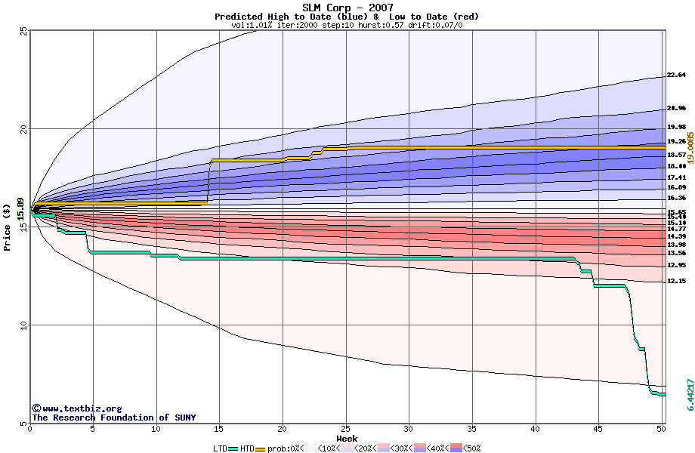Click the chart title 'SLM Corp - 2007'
click(347, 8)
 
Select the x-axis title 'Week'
click(347, 439)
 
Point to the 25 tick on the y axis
click(23, 30)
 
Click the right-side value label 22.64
click(676, 75)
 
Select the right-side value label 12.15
click(676, 282)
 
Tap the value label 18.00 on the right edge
click(676, 166)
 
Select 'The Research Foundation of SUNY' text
click(113, 418)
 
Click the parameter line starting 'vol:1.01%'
click(347, 25)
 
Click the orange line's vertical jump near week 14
click(208, 181)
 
